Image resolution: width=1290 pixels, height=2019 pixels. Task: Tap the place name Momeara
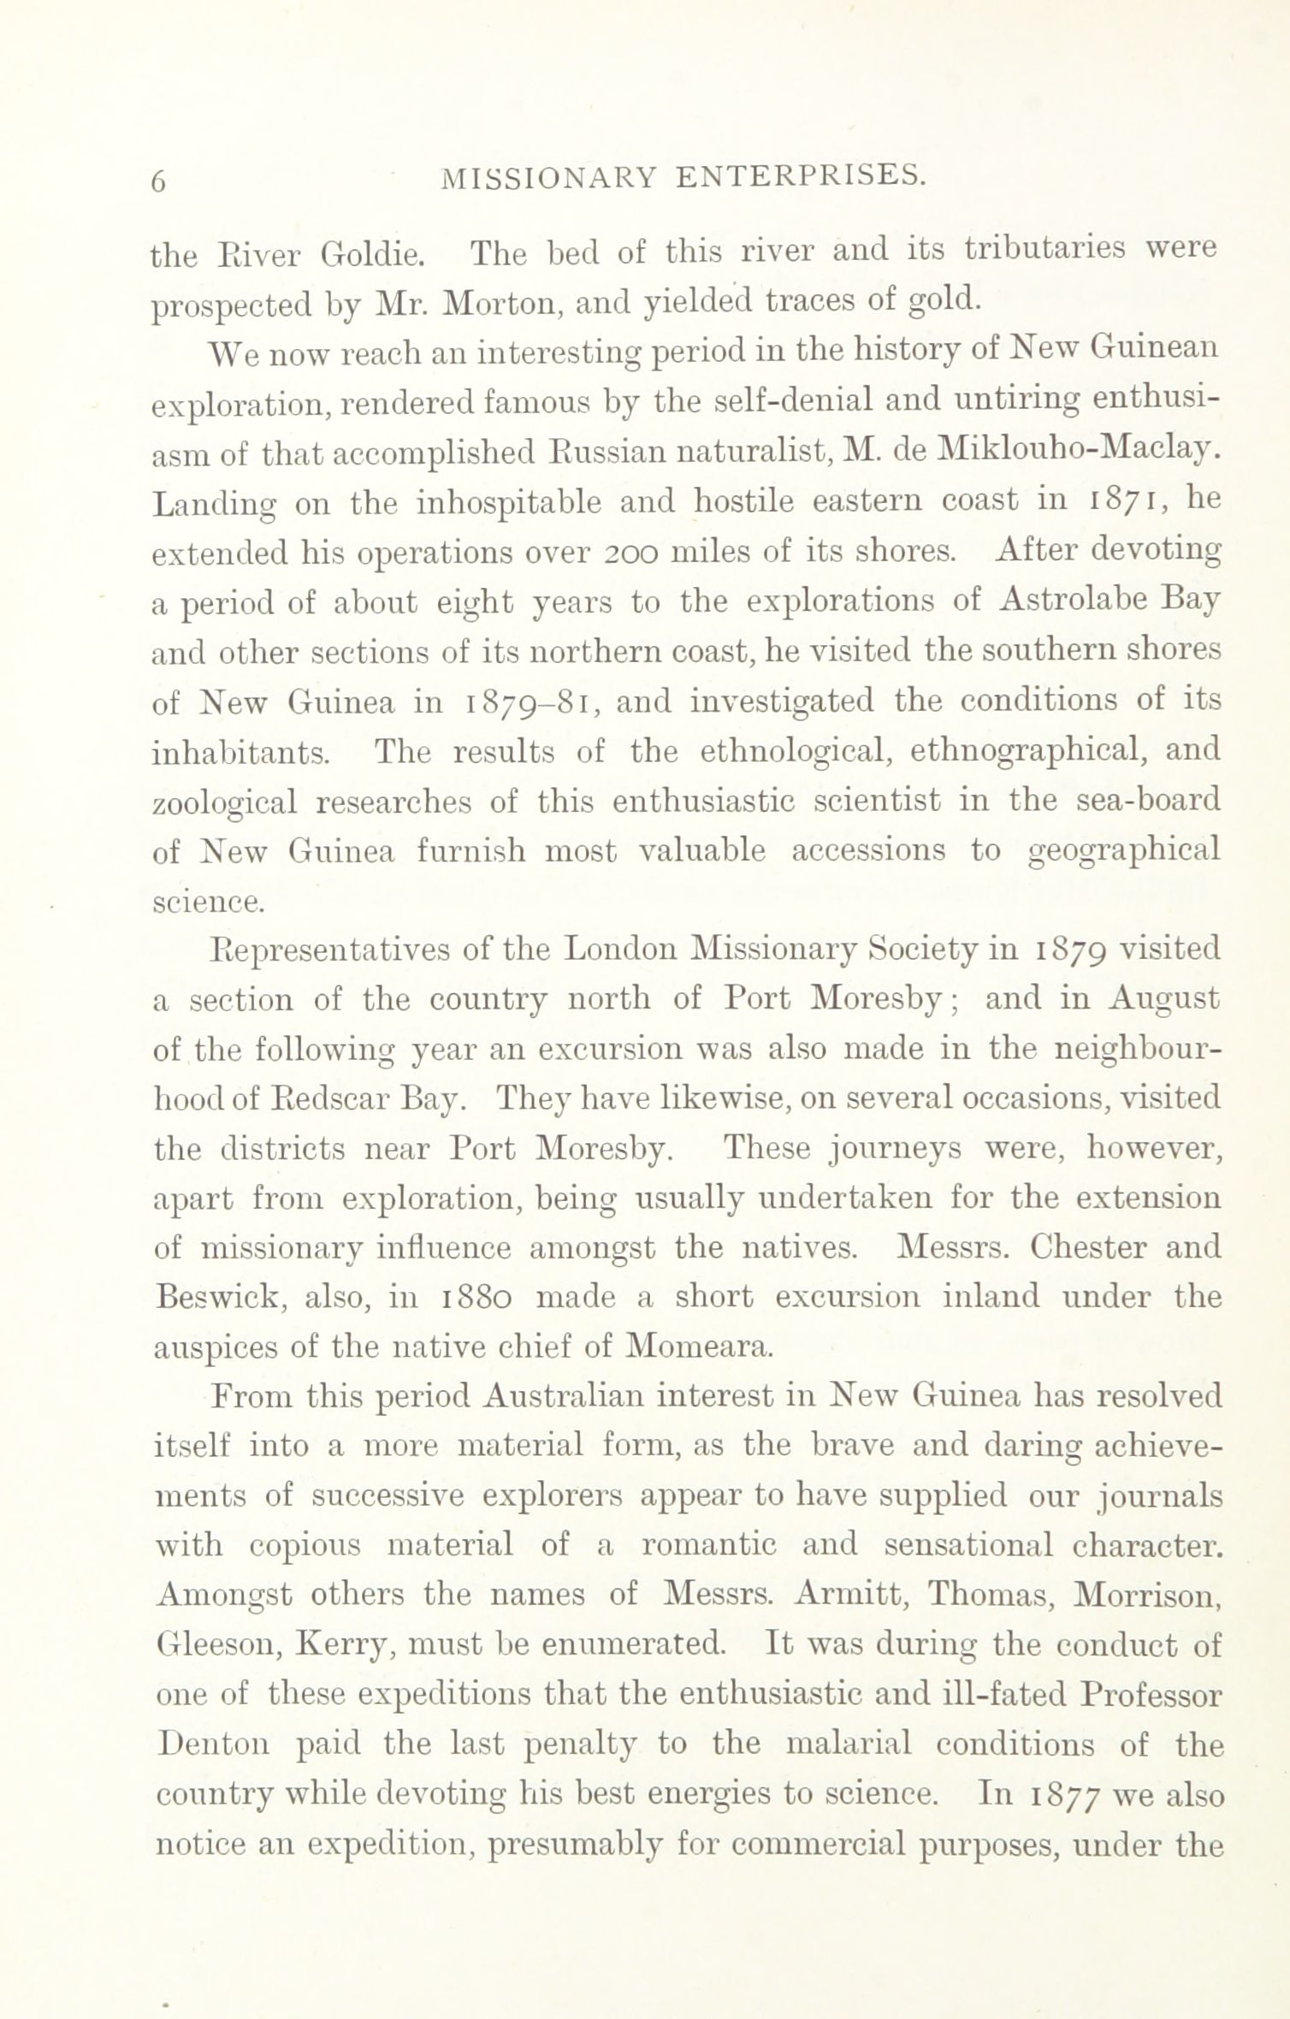click(700, 1347)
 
